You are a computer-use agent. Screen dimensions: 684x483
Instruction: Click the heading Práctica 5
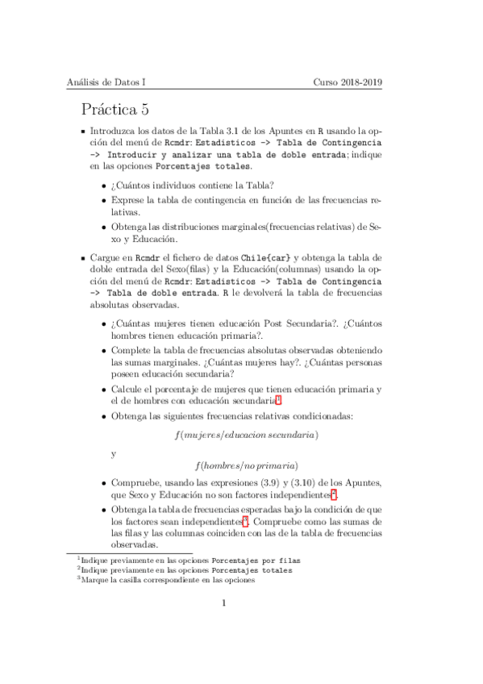pos(126,109)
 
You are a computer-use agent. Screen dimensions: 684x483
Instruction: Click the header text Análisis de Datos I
pos(106,82)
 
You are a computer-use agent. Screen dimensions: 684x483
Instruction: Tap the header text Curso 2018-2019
pos(348,82)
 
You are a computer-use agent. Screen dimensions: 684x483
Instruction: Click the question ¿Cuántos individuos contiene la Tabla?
pos(193,185)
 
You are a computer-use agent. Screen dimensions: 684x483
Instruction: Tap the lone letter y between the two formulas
pos(114,453)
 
